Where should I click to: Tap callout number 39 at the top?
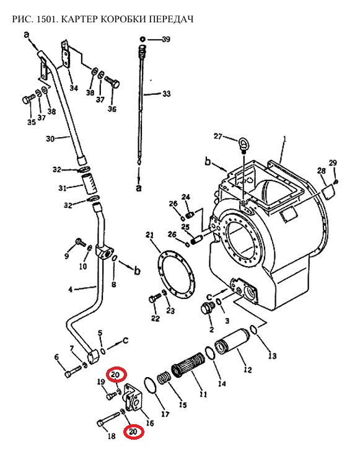coord(166,39)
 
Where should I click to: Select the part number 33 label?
coord(167,94)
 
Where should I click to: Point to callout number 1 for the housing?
coord(285,139)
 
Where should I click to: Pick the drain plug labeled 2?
coord(206,308)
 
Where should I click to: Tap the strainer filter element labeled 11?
coord(188,363)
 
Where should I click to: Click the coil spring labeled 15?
coord(164,378)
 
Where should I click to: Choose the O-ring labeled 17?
coord(144,386)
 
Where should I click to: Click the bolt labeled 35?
coord(29,99)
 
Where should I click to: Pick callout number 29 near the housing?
coord(333,163)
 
